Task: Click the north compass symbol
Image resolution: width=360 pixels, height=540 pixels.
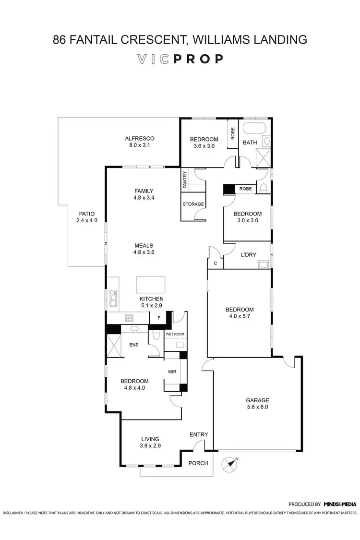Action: [229, 464]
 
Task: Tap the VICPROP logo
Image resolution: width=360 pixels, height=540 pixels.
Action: [180, 59]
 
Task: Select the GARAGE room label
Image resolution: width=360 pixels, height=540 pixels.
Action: [257, 400]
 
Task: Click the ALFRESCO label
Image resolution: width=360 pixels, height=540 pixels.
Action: [139, 138]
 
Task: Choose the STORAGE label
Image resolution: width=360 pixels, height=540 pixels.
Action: [193, 204]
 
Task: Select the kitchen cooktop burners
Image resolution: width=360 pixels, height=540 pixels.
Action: [129, 317]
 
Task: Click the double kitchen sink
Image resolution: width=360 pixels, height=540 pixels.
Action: [113, 298]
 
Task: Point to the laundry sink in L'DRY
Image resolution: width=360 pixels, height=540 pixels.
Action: [264, 264]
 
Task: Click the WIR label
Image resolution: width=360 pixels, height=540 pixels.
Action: [172, 371]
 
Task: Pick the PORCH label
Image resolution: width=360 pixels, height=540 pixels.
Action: [199, 463]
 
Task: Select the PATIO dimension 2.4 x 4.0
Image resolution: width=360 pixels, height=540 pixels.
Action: [86, 220]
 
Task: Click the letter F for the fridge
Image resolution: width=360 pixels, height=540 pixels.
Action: [158, 317]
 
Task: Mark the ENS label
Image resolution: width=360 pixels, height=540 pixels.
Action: [134, 344]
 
